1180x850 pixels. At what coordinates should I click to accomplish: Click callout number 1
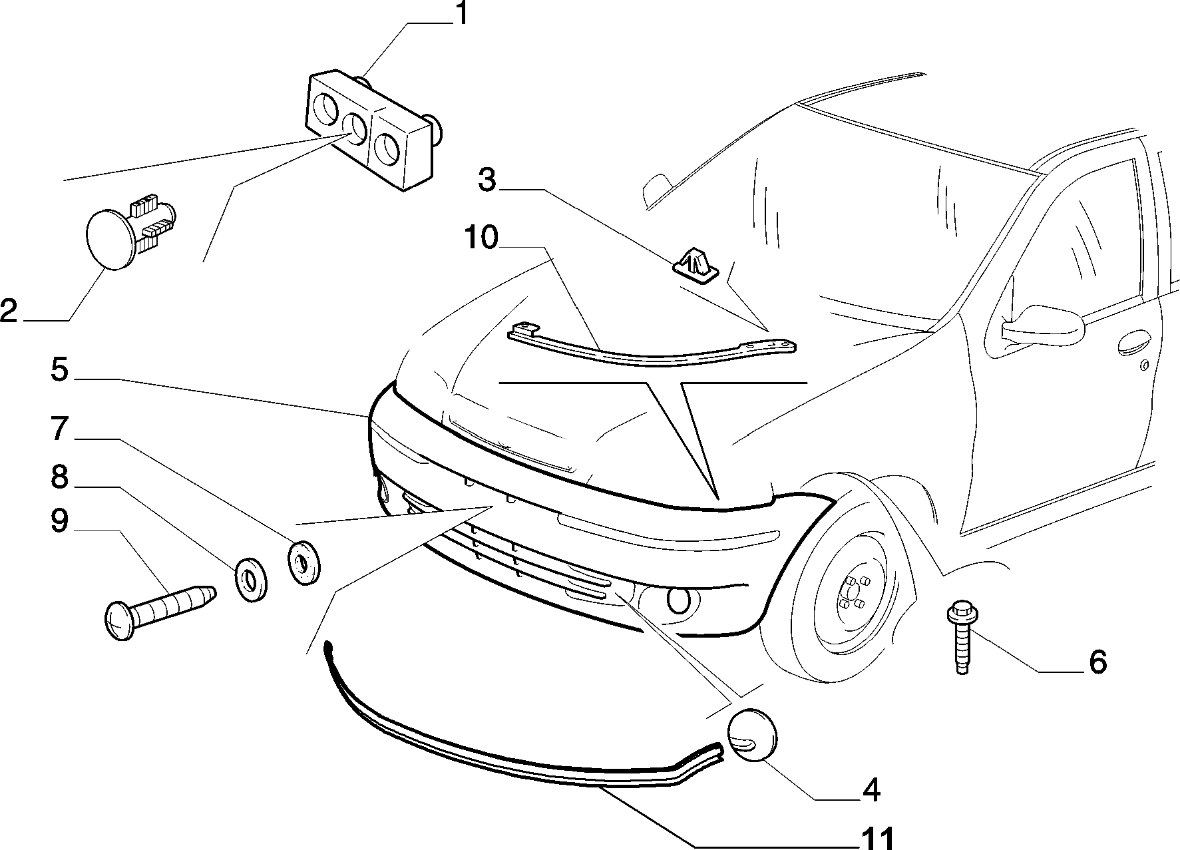click(460, 14)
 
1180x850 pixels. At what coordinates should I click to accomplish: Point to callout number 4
click(871, 789)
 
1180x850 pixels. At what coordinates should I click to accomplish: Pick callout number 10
click(481, 237)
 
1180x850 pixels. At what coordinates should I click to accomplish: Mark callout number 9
click(59, 522)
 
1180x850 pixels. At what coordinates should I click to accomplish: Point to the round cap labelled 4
click(753, 734)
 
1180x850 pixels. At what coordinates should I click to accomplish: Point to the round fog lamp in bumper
click(678, 600)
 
